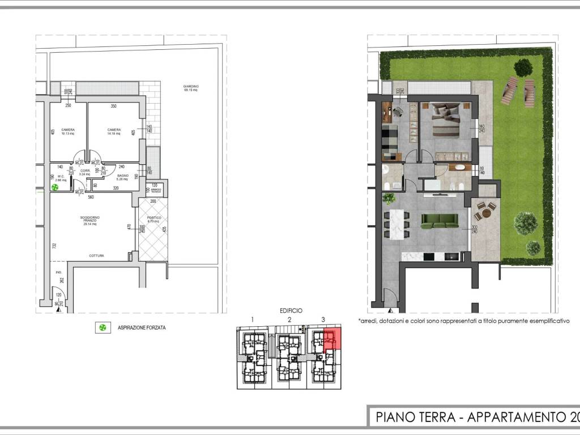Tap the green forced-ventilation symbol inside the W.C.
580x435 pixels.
point(55,187)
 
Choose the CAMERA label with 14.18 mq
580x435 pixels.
point(114,131)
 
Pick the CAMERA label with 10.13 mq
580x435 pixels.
point(68,131)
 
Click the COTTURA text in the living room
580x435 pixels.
point(96,256)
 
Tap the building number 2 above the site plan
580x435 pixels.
point(289,320)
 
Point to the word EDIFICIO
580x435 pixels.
point(291,310)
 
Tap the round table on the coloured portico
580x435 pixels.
point(485,212)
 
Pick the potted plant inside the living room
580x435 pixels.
point(389,198)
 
